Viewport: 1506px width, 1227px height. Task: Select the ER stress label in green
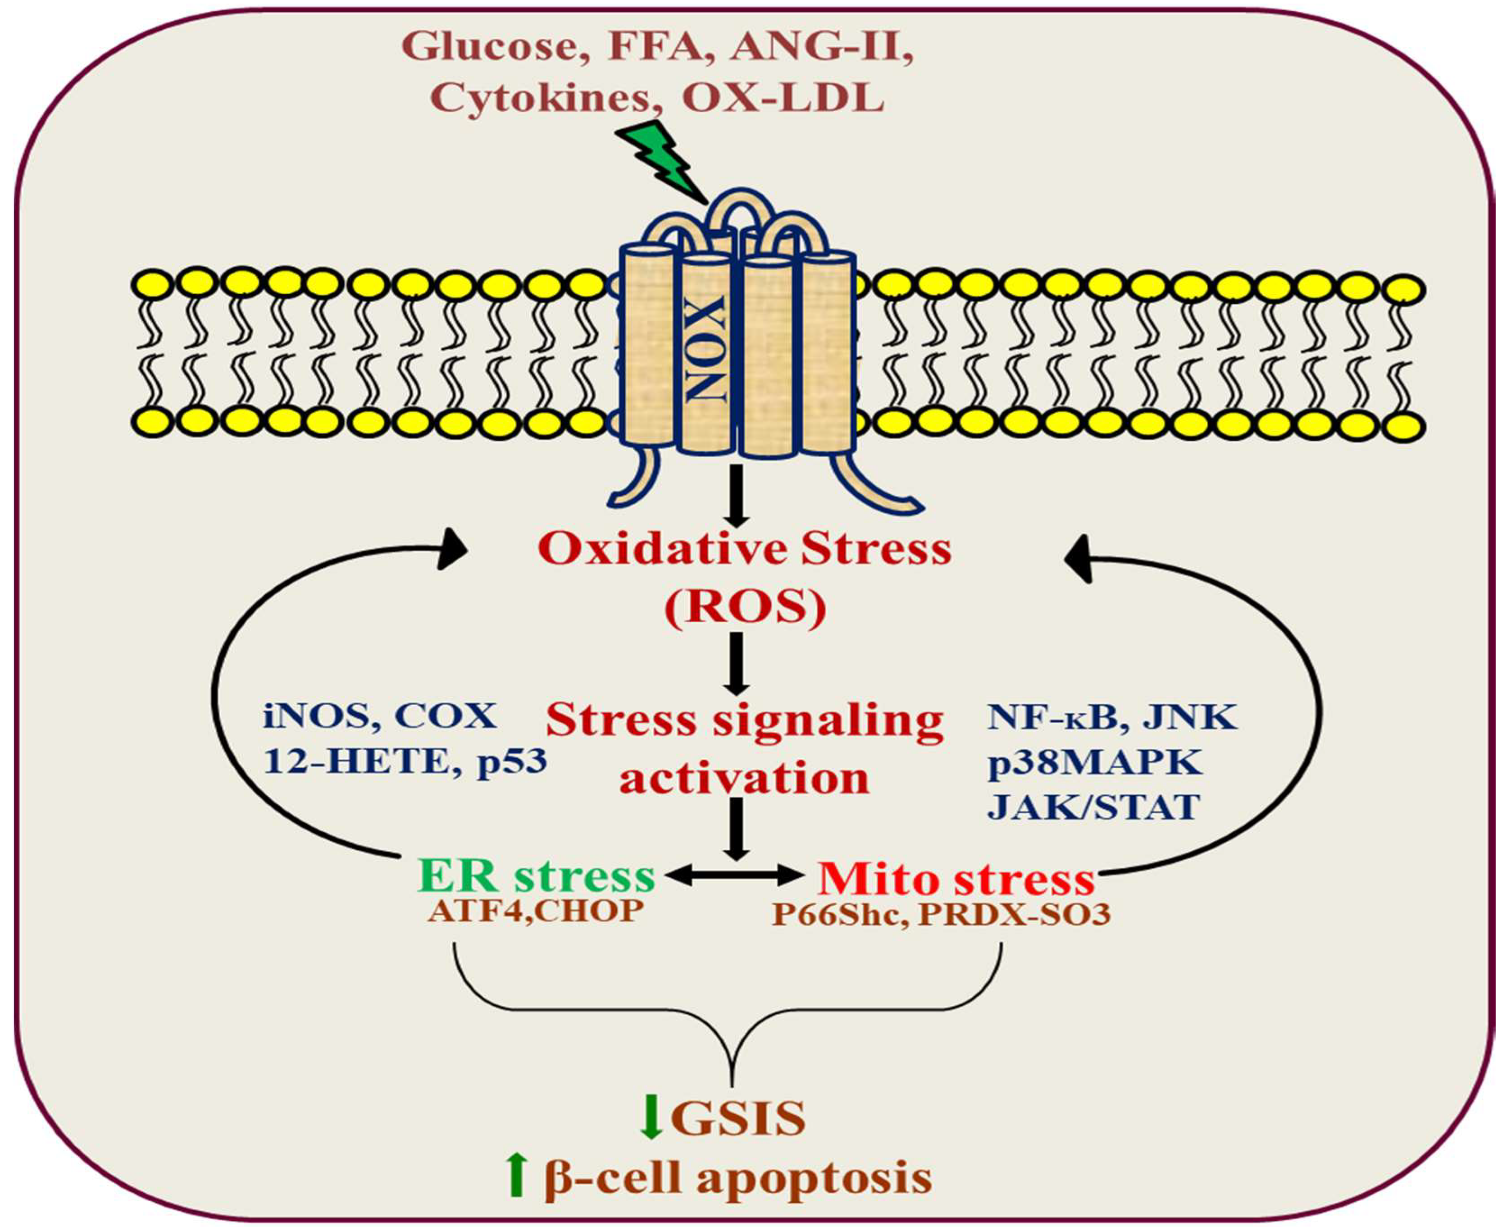point(536,877)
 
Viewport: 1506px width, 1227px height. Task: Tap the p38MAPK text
point(1094,762)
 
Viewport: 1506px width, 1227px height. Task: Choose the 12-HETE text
point(356,761)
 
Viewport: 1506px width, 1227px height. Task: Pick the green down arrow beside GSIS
point(650,1118)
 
